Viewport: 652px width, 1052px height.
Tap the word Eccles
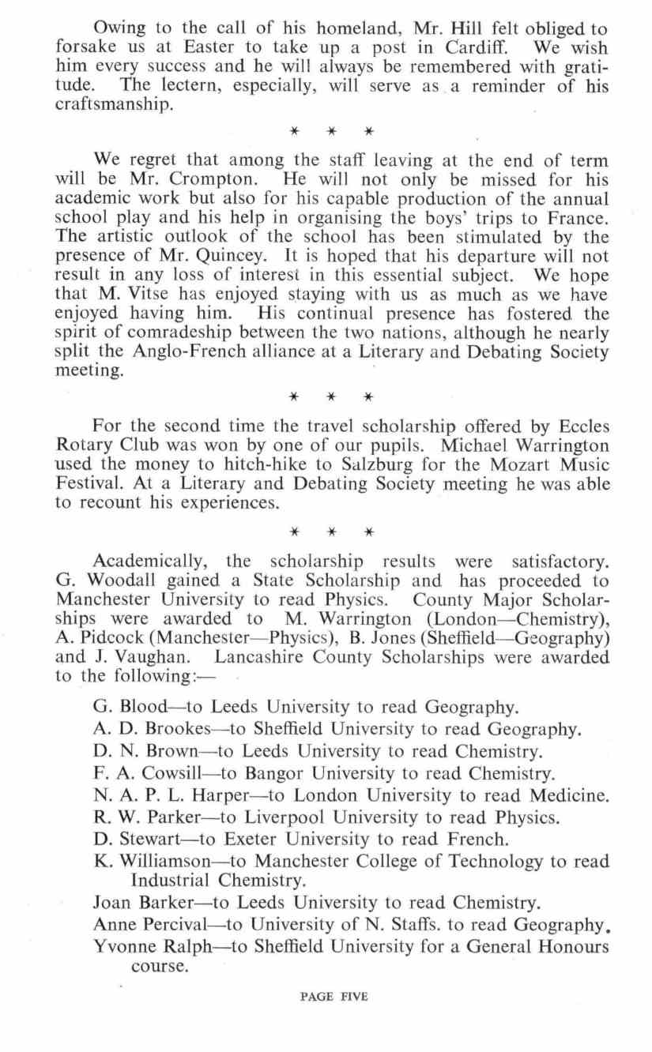click(x=577, y=426)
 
